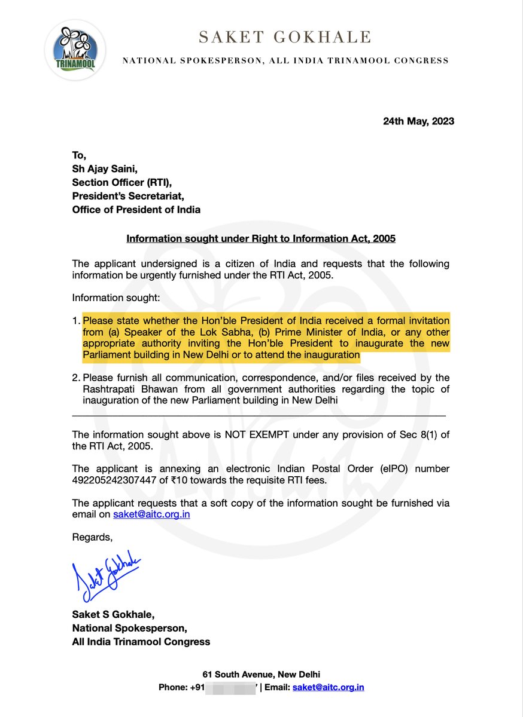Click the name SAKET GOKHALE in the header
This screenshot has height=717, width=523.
[285, 38]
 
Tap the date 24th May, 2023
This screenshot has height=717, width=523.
[418, 121]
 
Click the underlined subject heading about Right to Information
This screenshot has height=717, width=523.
[261, 239]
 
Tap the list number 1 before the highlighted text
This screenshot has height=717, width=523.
[75, 320]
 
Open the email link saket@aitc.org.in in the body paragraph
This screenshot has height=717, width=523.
[151, 514]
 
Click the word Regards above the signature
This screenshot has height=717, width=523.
[92, 537]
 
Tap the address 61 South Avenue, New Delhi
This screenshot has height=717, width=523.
[261, 674]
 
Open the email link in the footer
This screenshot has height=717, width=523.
[328, 687]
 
